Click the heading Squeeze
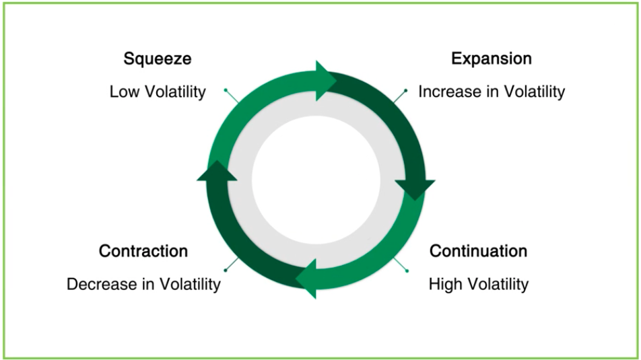point(158,59)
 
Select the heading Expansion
point(492,59)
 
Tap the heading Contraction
point(143,251)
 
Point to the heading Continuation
point(478,251)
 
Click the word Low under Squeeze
point(125,92)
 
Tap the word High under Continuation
point(446,284)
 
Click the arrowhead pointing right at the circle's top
point(326,81)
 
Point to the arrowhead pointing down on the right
point(415,190)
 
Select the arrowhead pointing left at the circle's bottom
point(306,279)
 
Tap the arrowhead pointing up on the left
point(217,170)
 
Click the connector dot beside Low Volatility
point(226,90)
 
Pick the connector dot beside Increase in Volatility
point(406,90)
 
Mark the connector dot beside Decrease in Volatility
point(226,270)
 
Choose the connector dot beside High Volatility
point(407,271)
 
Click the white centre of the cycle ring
point(316,180)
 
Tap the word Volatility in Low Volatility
point(175,92)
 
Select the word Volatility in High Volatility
point(498,284)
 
